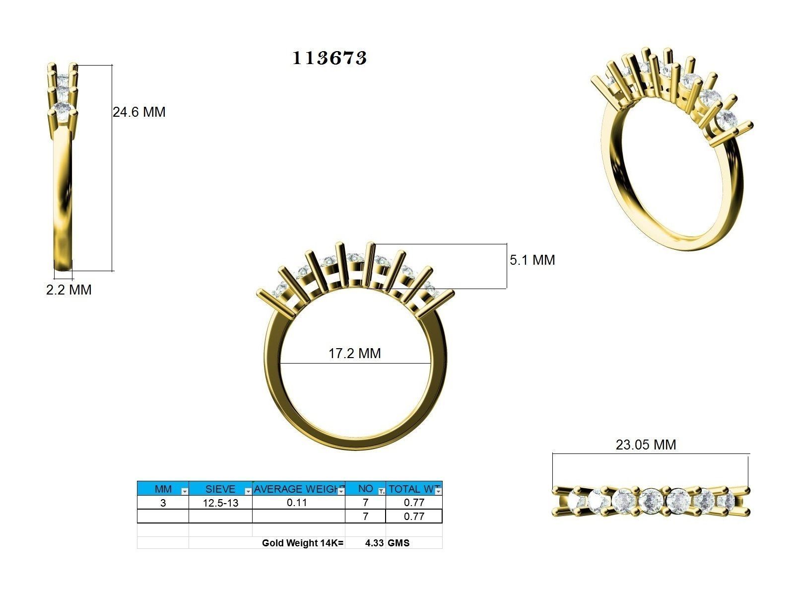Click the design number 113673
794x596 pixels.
[x=330, y=58]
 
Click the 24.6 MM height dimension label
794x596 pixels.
[x=139, y=112]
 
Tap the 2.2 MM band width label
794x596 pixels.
[x=69, y=290]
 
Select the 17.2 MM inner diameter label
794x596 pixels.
[x=354, y=354]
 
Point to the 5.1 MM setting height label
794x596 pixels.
[x=532, y=260]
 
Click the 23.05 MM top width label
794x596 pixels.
[x=646, y=445]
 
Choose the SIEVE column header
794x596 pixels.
[x=220, y=489]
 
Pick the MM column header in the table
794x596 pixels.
[x=163, y=489]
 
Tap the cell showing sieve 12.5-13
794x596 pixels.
[x=220, y=503]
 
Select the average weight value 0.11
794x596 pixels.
[x=297, y=503]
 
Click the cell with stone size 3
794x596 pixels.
[x=163, y=503]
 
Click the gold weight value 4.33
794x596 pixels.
[x=374, y=543]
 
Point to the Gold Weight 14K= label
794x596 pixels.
[x=302, y=543]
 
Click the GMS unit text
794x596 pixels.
[x=398, y=543]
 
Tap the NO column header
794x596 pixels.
[x=365, y=489]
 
